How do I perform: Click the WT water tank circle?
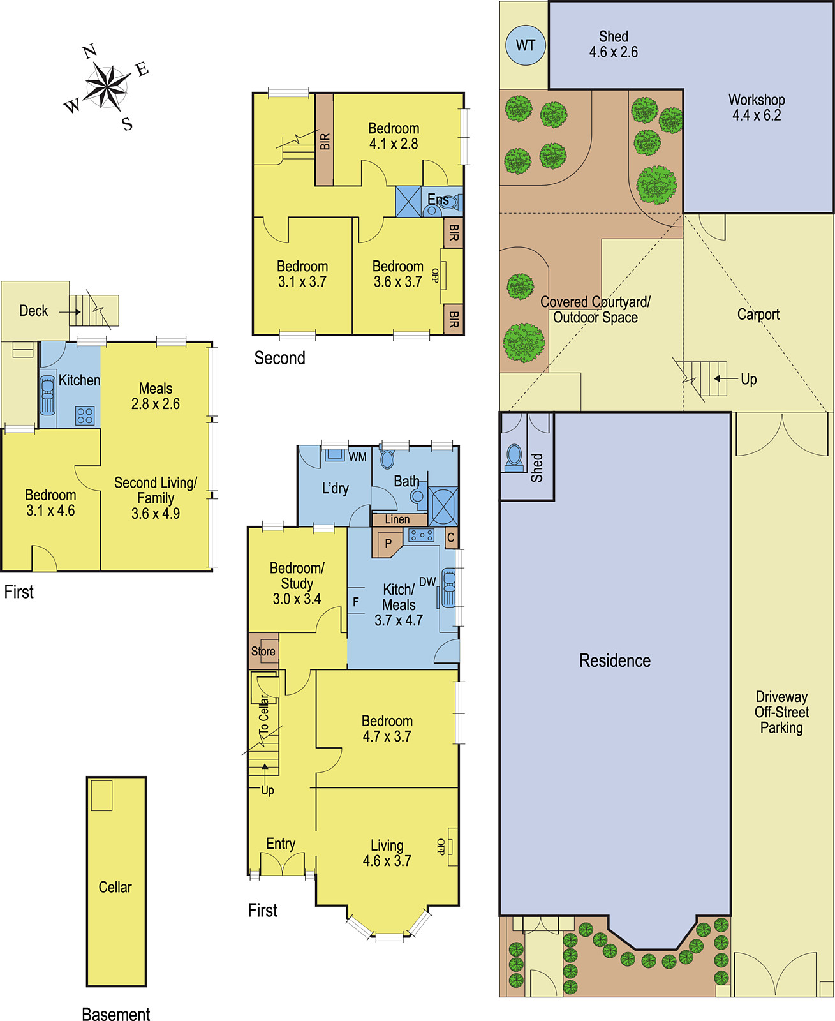(525, 45)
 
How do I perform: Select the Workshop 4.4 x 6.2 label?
(757, 107)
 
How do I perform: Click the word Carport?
(758, 314)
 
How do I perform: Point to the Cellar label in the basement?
(115, 886)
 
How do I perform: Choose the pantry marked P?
(387, 542)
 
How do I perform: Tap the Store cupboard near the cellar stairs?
(263, 651)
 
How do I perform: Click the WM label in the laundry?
(358, 456)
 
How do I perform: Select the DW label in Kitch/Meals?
(427, 582)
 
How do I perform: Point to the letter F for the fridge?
(356, 602)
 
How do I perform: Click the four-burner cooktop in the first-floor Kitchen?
(85, 415)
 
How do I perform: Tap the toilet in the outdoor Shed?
(514, 458)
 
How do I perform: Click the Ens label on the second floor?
(438, 200)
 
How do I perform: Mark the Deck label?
(33, 311)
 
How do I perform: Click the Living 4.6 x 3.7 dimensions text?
(387, 860)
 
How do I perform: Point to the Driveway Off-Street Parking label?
(781, 712)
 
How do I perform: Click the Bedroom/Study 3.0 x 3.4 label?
(297, 583)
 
